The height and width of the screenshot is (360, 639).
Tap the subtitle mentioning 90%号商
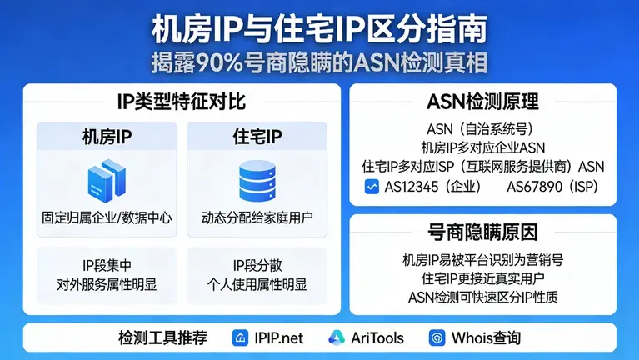pos(319,62)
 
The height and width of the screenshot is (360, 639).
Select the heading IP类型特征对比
pos(182,102)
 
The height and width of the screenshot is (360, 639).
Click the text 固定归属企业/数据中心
pos(107,218)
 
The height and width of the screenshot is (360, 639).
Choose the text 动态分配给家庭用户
pos(257,218)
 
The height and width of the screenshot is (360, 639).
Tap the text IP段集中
pos(107,266)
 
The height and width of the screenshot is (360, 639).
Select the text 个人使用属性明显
pos(257,284)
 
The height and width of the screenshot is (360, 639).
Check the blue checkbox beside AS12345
pos(372,187)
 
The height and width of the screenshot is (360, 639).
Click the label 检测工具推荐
pos(162,337)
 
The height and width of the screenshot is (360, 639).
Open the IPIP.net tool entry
pos(268,337)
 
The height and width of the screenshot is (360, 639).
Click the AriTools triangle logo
pos(336,337)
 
